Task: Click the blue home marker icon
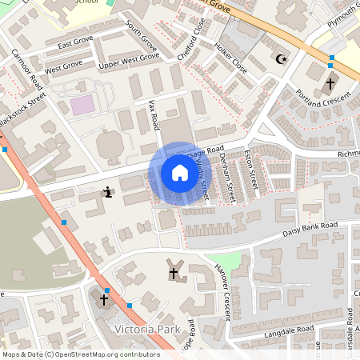coord(179,173)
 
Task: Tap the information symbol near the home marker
coord(108,192)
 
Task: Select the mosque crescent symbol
coord(279,59)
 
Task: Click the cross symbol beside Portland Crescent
coord(330,83)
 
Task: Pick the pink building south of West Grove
coord(82,105)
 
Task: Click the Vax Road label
coord(154,115)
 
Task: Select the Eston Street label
coord(250,166)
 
